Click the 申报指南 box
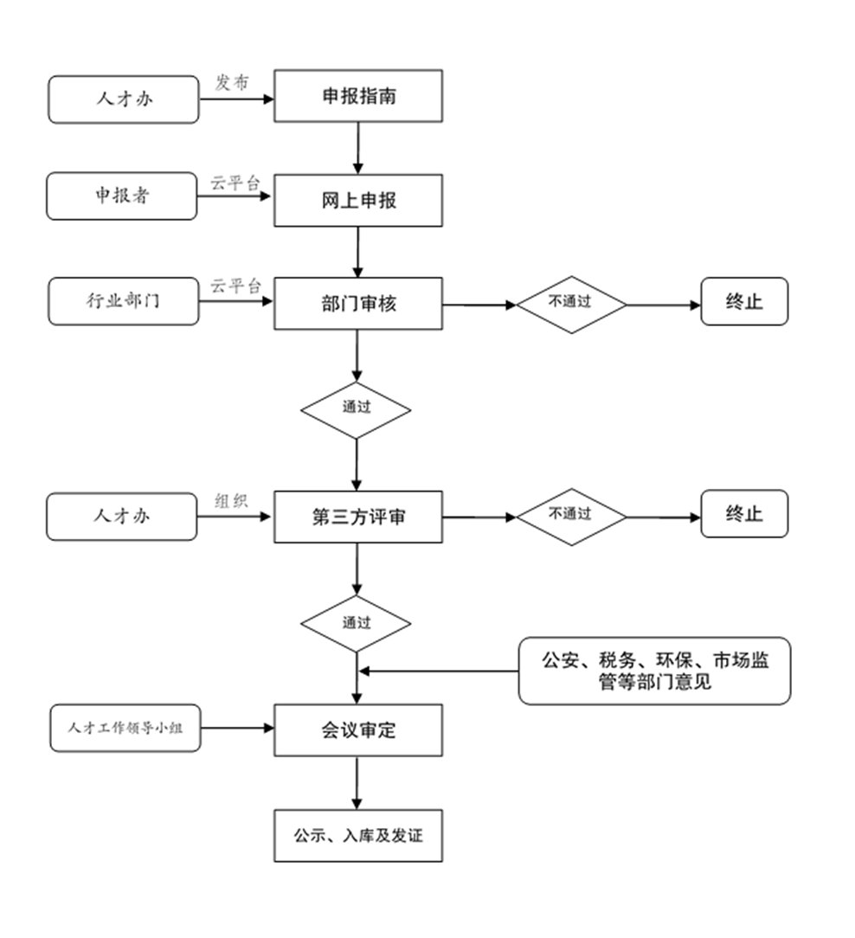point(358,96)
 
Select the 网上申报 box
point(358,201)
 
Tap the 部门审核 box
point(358,304)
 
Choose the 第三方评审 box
point(358,517)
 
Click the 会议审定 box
point(358,730)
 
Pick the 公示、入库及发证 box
point(358,836)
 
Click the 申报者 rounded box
point(122,196)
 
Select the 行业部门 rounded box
point(123,301)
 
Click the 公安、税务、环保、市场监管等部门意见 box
point(654,671)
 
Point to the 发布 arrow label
point(232,82)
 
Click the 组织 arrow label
point(231,501)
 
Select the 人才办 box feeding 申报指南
point(124,99)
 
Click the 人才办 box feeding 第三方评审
point(122,516)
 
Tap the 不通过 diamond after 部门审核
point(571,304)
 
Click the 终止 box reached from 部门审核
point(744,301)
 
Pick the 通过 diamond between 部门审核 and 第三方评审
point(356,408)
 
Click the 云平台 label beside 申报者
point(235,183)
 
